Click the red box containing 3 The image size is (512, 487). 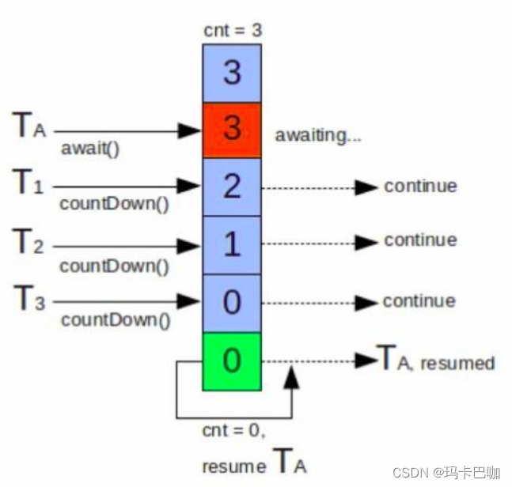[231, 130]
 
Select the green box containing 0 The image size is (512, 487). [231, 361]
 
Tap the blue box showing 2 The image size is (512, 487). [231, 187]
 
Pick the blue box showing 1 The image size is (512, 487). [231, 245]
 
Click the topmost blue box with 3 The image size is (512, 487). [231, 73]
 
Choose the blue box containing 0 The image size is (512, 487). [231, 302]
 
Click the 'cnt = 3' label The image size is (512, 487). [232, 32]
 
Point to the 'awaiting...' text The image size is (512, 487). [318, 135]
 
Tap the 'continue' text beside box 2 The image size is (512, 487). [420, 187]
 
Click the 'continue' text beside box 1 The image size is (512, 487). [420, 240]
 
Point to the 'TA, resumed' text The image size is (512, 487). [436, 361]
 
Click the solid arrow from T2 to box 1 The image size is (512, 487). [127, 245]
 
